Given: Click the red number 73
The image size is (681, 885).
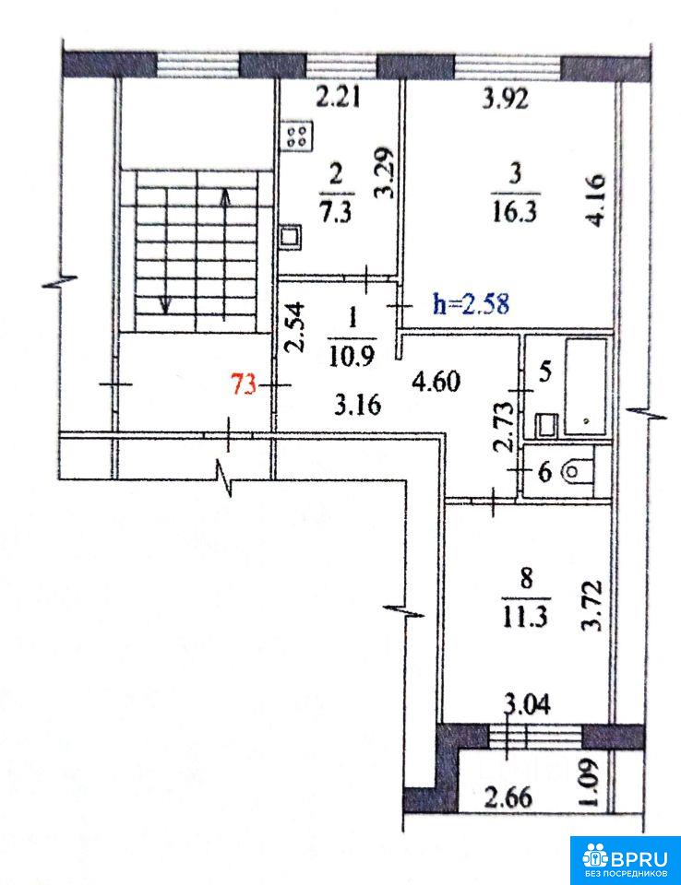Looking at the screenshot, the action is click(245, 385).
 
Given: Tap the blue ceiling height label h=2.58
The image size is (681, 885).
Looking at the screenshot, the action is click(471, 304).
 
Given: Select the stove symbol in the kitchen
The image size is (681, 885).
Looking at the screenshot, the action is click(297, 136).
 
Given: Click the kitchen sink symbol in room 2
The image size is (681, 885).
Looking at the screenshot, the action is click(291, 237).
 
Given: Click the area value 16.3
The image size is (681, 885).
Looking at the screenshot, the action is click(514, 213).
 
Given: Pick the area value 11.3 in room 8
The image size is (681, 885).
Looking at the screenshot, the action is click(525, 618).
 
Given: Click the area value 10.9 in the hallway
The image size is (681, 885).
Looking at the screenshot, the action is click(352, 357).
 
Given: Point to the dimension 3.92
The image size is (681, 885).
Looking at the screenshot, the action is click(506, 100).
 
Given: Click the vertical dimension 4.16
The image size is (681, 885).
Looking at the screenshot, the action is click(596, 200).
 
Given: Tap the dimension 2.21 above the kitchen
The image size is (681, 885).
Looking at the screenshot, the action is click(338, 99).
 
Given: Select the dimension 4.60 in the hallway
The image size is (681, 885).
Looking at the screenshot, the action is click(436, 382).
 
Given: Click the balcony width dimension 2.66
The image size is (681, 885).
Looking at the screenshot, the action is click(508, 798).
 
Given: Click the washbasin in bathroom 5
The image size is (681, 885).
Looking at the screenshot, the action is click(546, 424).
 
